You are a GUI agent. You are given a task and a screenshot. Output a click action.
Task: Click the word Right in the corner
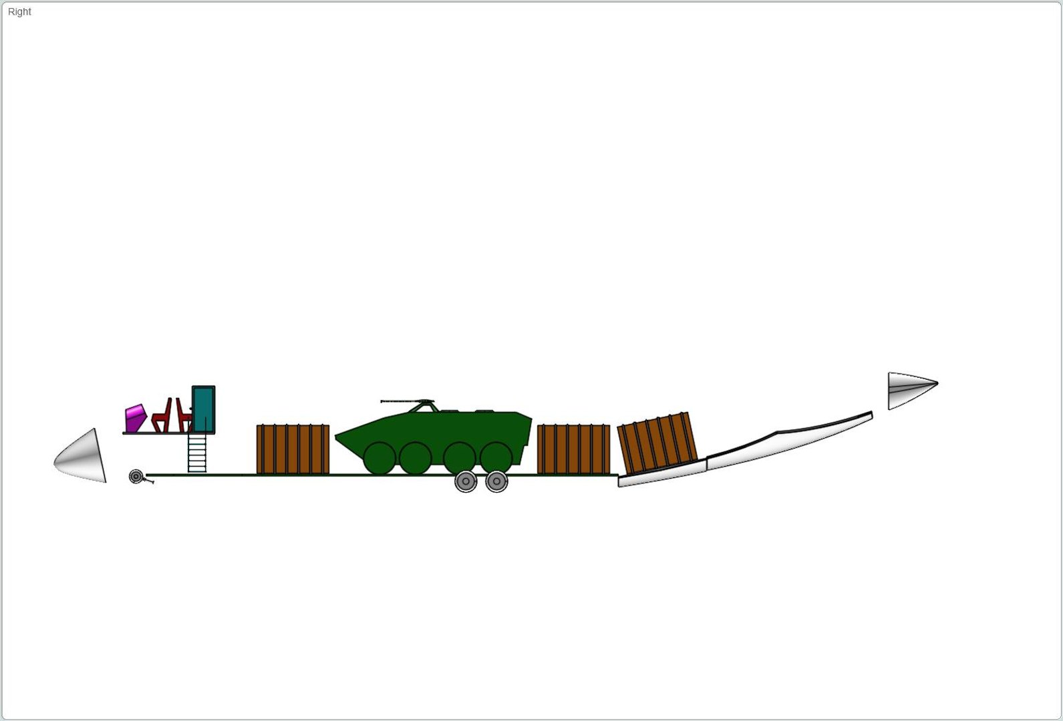[x=19, y=12]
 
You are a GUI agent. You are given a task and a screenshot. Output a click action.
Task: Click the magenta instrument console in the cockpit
[x=135, y=418]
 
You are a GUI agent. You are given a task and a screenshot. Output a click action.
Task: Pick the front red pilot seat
[x=162, y=417]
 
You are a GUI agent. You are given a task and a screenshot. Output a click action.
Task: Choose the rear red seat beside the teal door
[x=184, y=416]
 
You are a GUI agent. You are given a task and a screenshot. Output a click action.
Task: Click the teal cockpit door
[x=204, y=409]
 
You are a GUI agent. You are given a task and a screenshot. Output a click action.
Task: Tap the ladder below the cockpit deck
[x=197, y=453]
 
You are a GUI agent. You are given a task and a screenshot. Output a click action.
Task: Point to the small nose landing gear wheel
[x=136, y=477]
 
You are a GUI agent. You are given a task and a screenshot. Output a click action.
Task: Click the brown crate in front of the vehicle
[x=293, y=449]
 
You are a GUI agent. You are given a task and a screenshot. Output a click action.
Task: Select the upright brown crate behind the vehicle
[x=574, y=449]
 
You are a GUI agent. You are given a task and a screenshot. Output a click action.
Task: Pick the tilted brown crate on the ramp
[x=657, y=443]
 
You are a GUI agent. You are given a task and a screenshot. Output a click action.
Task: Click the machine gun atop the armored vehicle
[x=407, y=401]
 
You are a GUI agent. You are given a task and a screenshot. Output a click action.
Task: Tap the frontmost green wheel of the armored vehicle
[x=379, y=458]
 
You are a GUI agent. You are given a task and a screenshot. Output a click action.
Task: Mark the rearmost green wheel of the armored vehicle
[x=496, y=458]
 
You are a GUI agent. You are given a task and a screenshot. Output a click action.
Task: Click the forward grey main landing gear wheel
[x=466, y=481]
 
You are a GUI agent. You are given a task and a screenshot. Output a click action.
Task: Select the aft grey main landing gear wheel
[x=496, y=481]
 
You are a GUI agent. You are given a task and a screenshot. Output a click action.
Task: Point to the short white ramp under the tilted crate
[x=662, y=473]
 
